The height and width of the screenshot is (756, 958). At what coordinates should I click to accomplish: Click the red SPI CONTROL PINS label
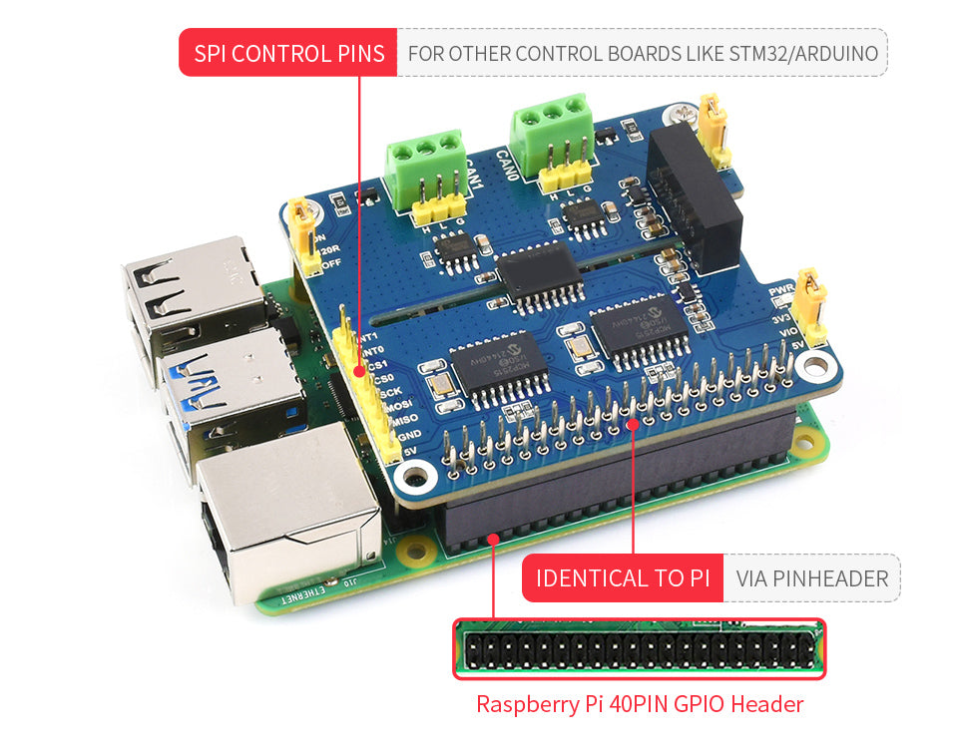(x=288, y=53)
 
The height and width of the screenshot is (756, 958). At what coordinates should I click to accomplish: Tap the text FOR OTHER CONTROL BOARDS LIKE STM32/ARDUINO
(x=643, y=53)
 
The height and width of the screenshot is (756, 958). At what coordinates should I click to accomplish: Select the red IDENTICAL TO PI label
(x=622, y=578)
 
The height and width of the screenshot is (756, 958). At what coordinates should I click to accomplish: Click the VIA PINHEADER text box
(x=811, y=578)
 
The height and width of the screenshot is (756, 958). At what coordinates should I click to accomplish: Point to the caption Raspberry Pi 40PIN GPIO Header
(x=639, y=704)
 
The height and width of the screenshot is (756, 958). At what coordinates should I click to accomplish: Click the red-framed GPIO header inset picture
(x=640, y=649)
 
